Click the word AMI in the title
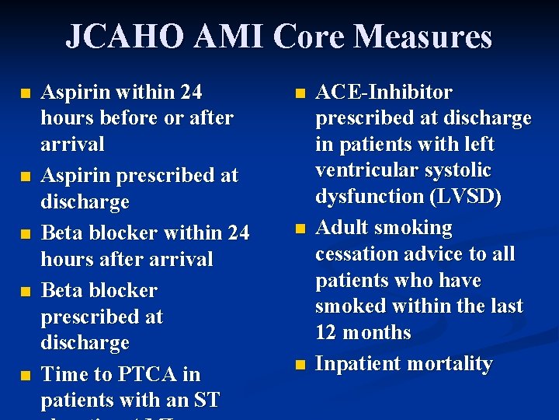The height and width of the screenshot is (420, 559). pos(217,37)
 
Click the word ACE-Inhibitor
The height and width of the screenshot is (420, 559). pos(384,92)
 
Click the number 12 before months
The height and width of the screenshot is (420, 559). pos(325,332)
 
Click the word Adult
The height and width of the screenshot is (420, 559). pos(341,228)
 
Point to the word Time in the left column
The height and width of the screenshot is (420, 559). pos(64,374)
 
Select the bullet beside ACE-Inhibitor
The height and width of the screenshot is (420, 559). pos(300,93)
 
